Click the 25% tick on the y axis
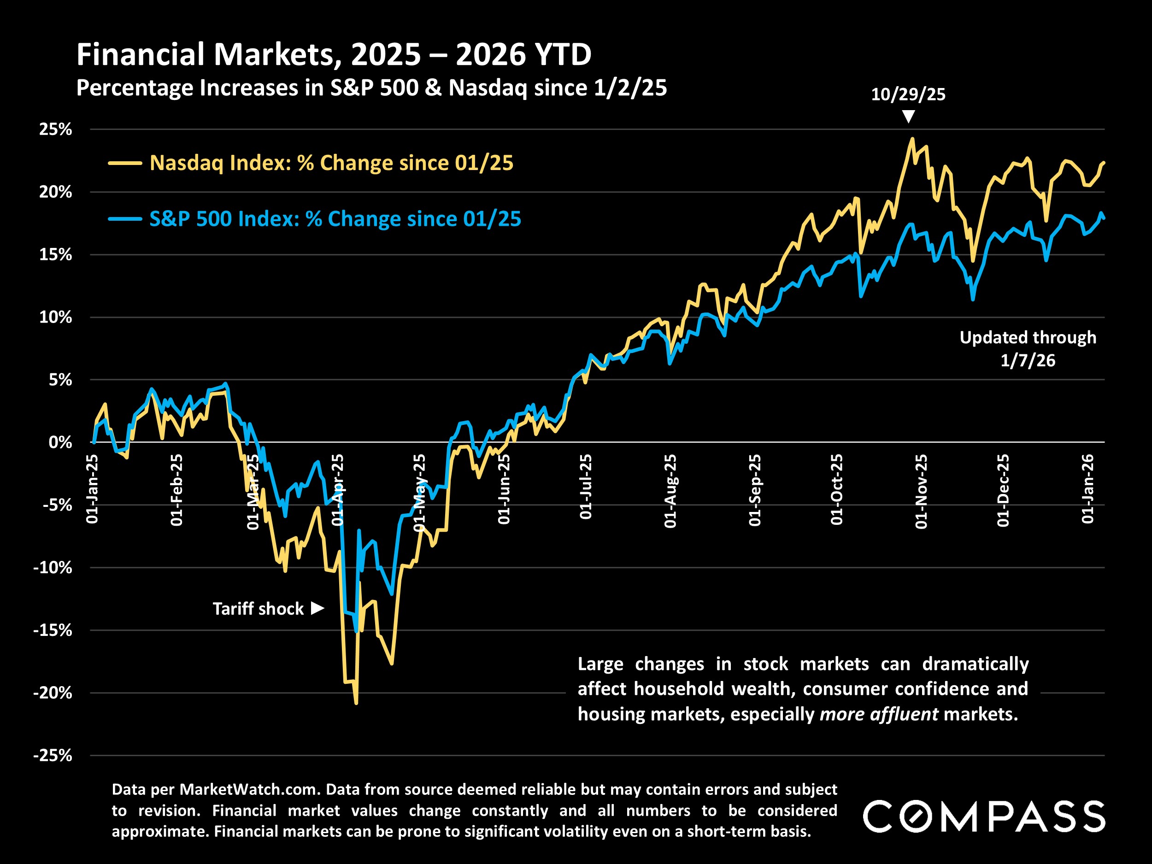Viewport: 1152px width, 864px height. (56, 129)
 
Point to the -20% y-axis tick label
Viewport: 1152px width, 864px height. (53, 693)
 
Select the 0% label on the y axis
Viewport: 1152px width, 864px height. (60, 443)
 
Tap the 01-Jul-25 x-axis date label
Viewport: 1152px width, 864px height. (586, 487)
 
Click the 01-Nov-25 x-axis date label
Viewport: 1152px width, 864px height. (921, 491)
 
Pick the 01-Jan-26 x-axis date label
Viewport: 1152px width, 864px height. (1087, 488)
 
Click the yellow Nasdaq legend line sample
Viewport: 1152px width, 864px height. (125, 164)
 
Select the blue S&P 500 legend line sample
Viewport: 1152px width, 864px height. (125, 219)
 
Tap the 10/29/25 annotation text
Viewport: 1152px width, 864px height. (908, 94)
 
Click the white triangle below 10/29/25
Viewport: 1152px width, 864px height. (908, 116)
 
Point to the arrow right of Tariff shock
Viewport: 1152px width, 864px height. (317, 608)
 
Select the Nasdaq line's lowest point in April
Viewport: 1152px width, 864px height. (356, 703)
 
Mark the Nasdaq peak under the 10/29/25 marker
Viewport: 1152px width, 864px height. (912, 139)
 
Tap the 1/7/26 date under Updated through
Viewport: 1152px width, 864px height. (1028, 360)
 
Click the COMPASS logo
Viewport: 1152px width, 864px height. (984, 817)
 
